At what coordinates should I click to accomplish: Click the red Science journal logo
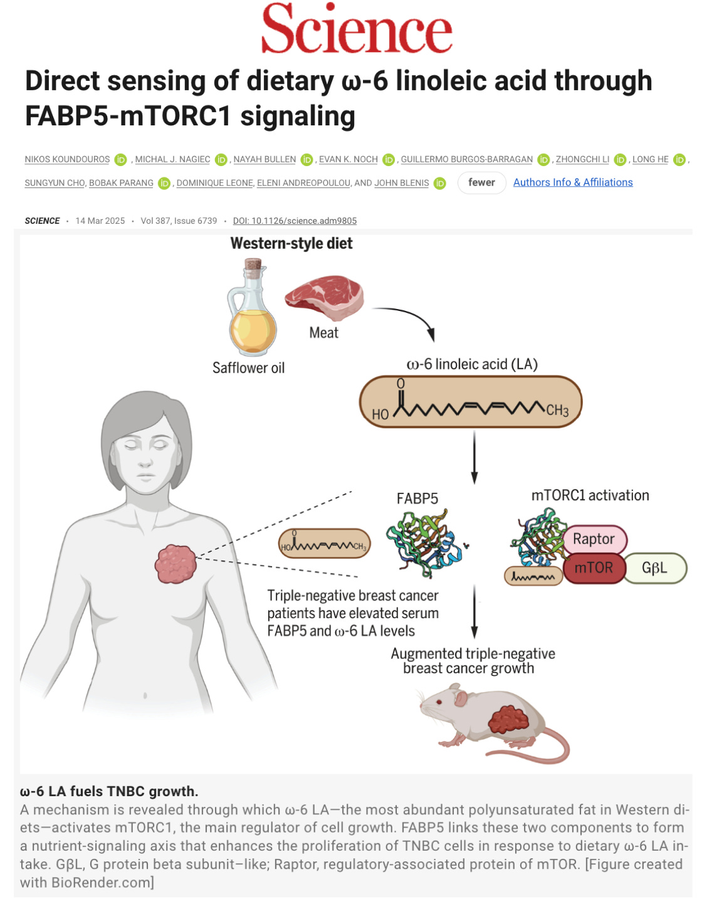coord(356,29)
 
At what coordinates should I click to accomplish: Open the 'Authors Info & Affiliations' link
coord(572,182)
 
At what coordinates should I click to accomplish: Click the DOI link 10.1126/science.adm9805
coord(295,221)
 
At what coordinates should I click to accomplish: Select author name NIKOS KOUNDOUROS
coord(67,159)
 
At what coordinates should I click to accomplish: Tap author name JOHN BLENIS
coord(402,183)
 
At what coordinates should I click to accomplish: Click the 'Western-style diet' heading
coord(291,243)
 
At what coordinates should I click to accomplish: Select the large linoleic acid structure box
coord(471,402)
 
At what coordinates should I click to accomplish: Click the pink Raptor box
coord(594,539)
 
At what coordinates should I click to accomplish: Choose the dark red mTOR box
coord(594,568)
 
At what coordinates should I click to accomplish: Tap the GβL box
coord(654,568)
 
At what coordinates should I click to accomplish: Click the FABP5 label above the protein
coord(417,498)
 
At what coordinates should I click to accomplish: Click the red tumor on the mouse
coord(508,719)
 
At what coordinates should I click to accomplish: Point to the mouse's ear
coord(461,698)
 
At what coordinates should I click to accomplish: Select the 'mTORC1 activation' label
coord(590,495)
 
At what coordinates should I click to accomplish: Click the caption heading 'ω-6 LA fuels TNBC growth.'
coord(109,791)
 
